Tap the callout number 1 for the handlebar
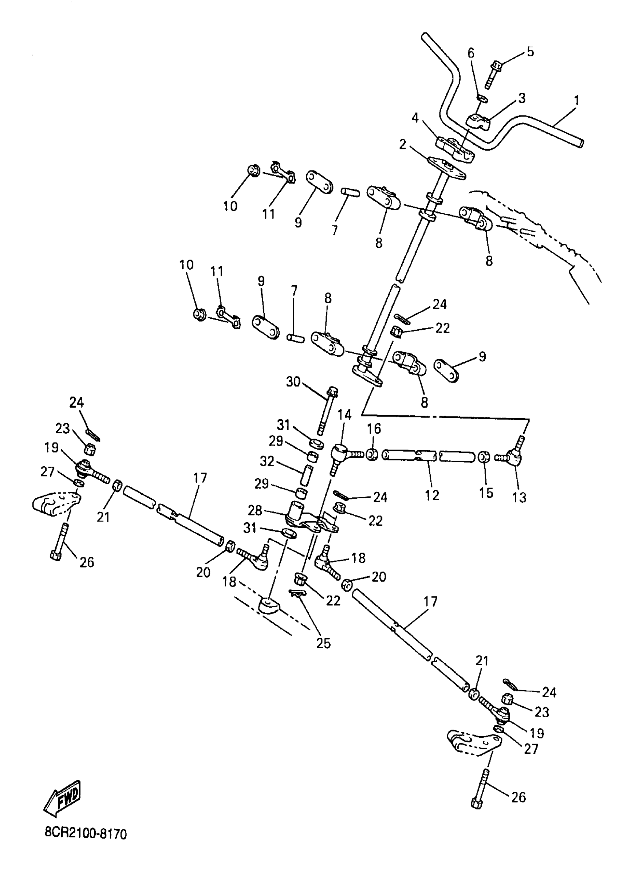[x=576, y=101]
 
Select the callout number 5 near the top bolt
[x=530, y=51]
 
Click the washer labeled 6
[x=482, y=98]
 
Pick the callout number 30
[x=293, y=382]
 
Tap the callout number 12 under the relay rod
[x=432, y=495]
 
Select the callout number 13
[x=519, y=497]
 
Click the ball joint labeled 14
[x=340, y=454]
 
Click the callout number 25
[x=323, y=643]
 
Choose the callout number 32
[x=267, y=461]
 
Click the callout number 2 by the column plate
[x=402, y=145]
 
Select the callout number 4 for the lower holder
[x=415, y=117]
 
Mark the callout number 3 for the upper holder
[x=522, y=98]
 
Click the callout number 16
[x=374, y=429]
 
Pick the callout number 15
[x=486, y=493]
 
